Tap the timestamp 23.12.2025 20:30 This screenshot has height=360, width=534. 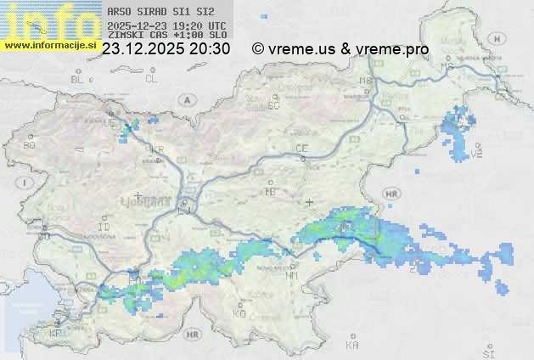[x=166, y=49]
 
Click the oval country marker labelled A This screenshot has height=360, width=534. [x=185, y=99]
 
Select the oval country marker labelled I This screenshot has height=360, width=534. [x=27, y=183]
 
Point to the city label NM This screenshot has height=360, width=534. [x=292, y=275]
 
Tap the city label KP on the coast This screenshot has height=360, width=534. [x=56, y=333]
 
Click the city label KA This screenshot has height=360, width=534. [x=352, y=346]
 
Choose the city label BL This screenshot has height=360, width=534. [x=79, y=78]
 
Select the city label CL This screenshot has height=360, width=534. [x=151, y=78]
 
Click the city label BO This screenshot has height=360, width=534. [x=30, y=145]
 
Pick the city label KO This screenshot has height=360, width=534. [x=239, y=313]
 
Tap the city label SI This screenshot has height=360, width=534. [x=487, y=352]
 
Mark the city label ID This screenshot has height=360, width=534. [x=104, y=228]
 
